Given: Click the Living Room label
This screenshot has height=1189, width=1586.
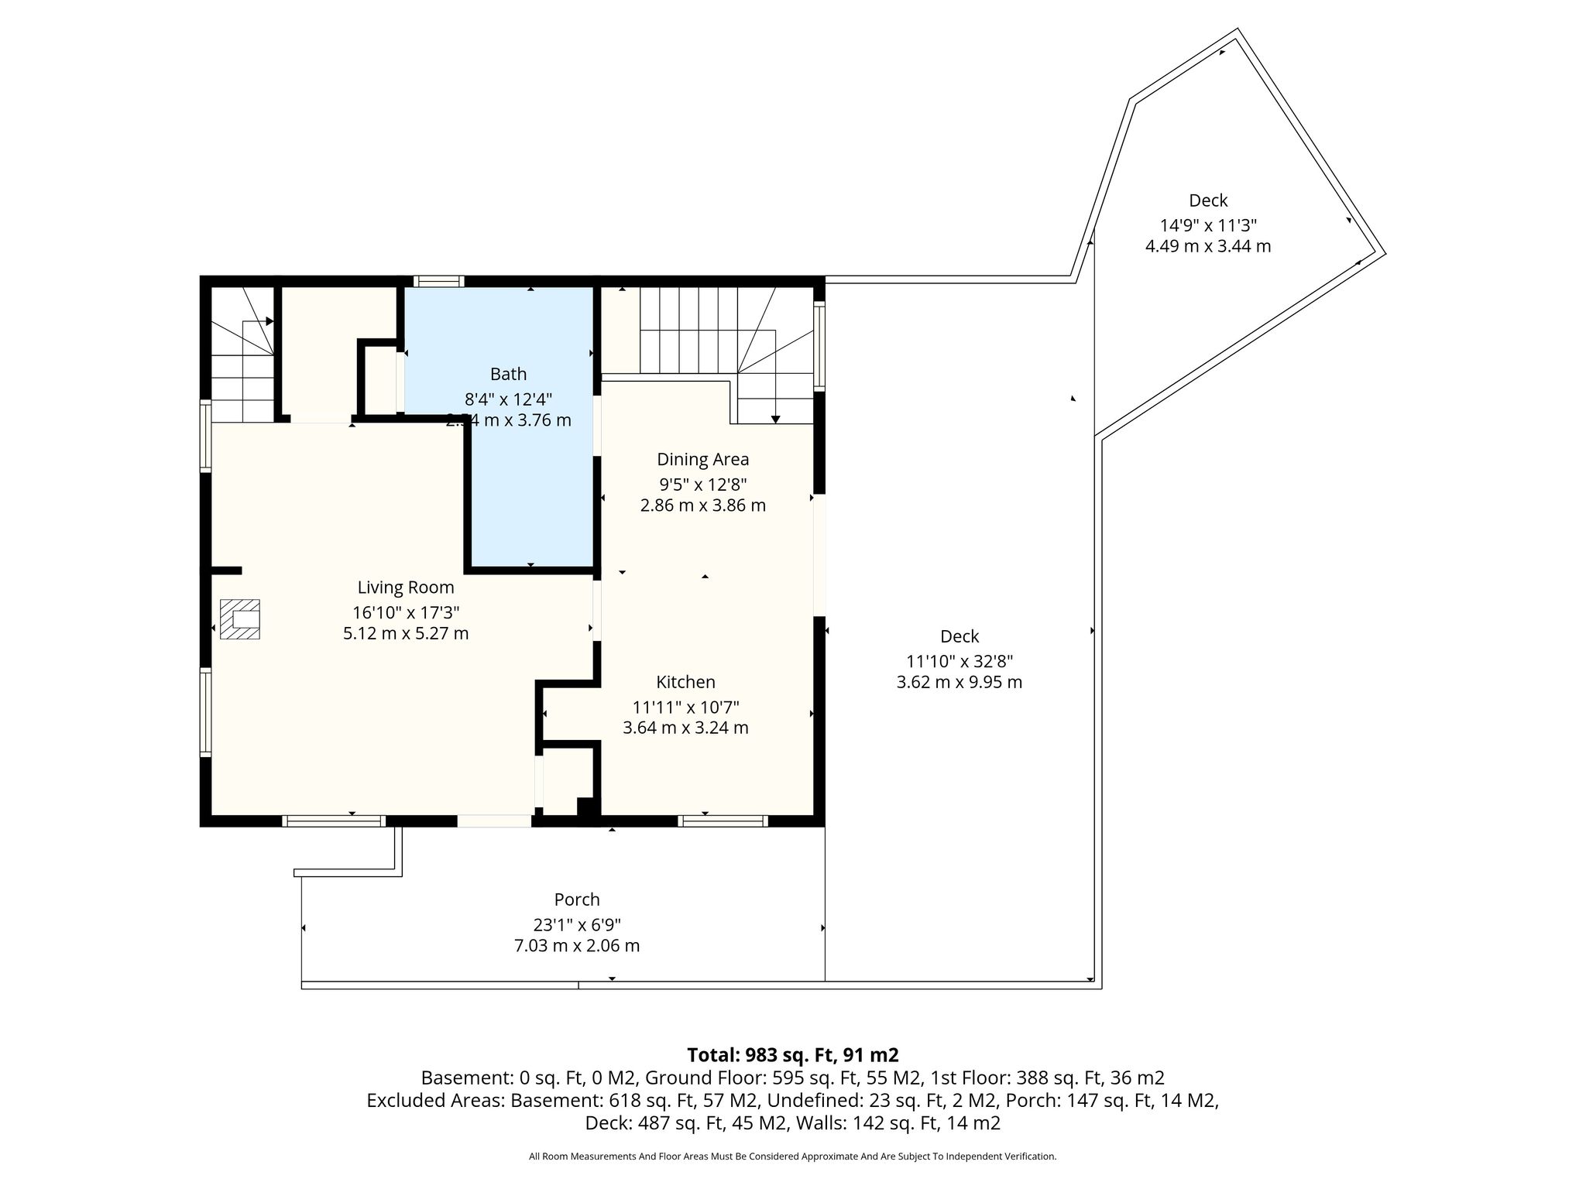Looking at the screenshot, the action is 406,588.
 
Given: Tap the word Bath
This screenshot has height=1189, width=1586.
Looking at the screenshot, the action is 508,374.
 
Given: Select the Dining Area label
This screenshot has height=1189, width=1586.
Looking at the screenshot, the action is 703,459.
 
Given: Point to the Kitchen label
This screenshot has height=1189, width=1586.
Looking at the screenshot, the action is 685,682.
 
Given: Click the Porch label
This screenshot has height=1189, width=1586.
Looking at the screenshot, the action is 577,899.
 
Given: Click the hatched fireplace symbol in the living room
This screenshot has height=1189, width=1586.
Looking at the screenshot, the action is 240,619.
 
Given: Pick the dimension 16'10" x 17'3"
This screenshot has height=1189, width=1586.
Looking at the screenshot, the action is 406,612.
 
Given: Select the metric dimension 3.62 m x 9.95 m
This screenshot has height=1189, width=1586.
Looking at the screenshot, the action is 959,683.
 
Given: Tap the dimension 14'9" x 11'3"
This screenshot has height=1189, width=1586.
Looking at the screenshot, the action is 1208,226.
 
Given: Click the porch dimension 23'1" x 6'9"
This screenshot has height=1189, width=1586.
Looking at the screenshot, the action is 577,925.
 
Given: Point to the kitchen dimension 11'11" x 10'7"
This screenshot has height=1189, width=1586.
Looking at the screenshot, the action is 685,708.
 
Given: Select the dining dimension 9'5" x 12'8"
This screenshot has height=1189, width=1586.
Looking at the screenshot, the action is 703,485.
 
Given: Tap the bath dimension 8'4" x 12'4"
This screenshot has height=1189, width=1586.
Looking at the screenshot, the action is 508,399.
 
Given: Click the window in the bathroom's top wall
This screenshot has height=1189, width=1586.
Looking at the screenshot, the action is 438,282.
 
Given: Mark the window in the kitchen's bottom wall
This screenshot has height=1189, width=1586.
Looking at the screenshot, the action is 723,821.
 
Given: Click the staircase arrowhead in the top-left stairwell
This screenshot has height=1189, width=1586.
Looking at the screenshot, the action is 269,321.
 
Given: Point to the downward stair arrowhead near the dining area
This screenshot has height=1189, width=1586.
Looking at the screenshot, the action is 775,420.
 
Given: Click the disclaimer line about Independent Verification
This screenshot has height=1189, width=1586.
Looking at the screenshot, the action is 792,1156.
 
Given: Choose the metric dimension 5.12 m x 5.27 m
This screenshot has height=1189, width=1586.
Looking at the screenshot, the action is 406,633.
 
